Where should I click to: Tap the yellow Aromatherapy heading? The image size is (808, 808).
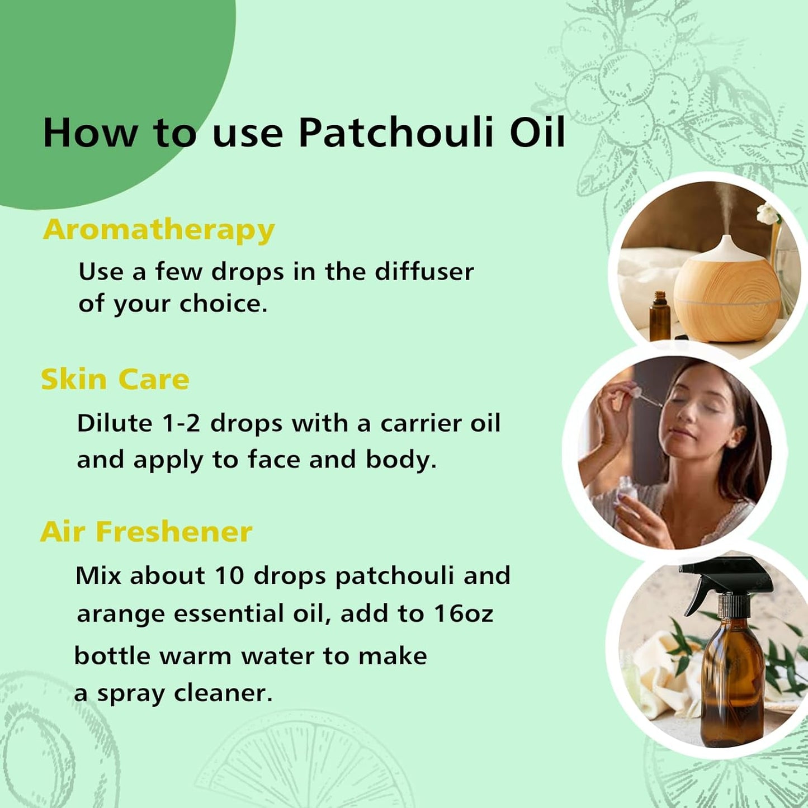click(x=159, y=230)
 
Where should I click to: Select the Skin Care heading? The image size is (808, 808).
click(x=115, y=380)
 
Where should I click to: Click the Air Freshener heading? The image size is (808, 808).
click(x=147, y=532)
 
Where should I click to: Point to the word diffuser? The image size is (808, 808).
click(x=424, y=272)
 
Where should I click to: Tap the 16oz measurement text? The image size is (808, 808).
click(x=464, y=613)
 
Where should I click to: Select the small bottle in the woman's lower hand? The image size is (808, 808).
click(x=627, y=489)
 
